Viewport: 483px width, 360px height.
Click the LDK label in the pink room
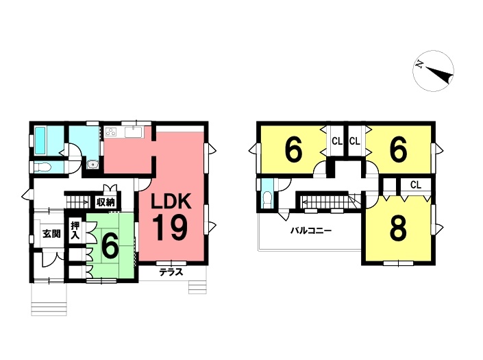point(171,202)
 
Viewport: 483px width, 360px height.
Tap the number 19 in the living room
point(171,228)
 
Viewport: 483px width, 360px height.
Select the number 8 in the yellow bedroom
point(398,229)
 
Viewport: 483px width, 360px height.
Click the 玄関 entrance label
point(51,234)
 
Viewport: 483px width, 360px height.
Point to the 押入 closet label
point(75,230)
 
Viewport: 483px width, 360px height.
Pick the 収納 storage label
point(106,202)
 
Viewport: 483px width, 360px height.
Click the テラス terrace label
point(171,272)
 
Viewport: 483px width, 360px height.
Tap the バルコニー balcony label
point(311,230)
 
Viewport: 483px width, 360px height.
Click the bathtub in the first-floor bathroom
point(40,141)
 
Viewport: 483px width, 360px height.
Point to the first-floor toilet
point(42,167)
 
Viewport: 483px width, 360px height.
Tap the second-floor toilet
point(267,200)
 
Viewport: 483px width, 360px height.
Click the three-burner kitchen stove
point(111,132)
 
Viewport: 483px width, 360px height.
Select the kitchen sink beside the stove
point(134,132)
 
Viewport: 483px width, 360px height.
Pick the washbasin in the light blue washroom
point(92,165)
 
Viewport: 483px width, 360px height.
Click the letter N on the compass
point(419,64)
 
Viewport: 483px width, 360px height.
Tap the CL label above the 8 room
point(416,185)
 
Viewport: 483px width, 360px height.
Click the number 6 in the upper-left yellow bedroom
point(293,150)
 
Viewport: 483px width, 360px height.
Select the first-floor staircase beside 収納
point(77,202)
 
